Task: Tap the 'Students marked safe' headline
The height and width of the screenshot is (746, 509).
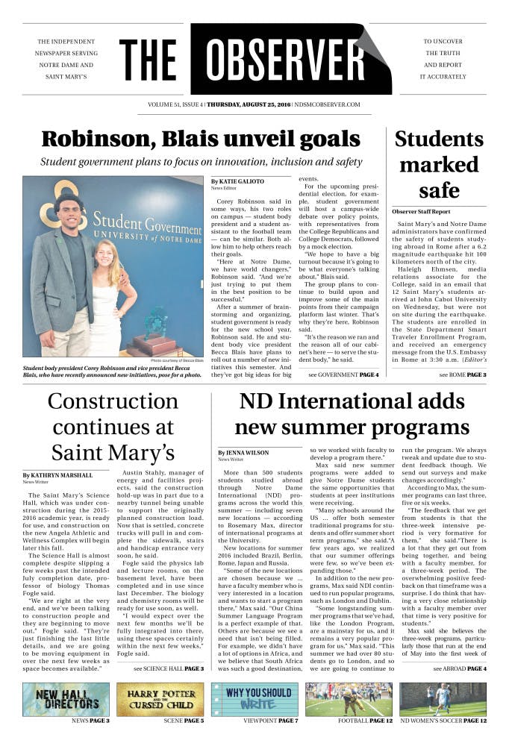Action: pyautogui.click(x=439, y=164)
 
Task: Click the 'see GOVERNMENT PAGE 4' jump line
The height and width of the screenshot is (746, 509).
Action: pyautogui.click(x=343, y=374)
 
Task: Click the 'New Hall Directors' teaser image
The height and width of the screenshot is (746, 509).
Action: pyautogui.click(x=66, y=699)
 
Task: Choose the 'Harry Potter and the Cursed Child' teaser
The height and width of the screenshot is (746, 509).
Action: pyautogui.click(x=160, y=699)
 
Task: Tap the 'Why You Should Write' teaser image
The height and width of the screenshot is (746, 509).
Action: pyautogui.click(x=254, y=699)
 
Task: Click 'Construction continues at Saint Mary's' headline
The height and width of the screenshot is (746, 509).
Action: pyautogui.click(x=113, y=426)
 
